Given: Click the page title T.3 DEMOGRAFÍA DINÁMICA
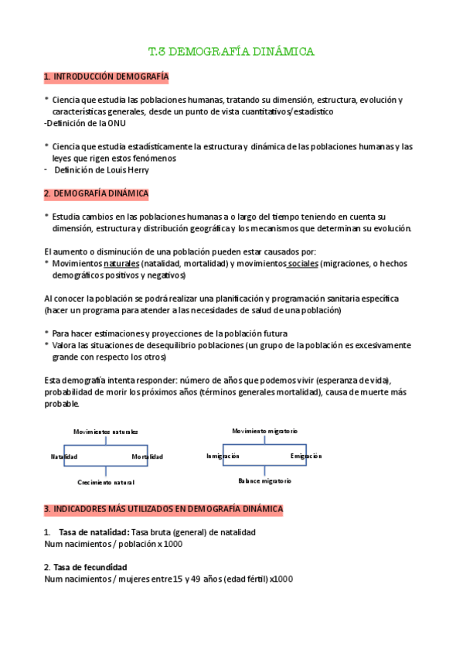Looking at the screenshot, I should tap(231, 52).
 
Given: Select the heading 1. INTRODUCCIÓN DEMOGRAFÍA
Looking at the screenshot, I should tap(107, 77).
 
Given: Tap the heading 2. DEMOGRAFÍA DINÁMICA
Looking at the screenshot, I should tap(97, 193).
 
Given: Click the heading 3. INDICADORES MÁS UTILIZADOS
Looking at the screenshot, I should tap(164, 509).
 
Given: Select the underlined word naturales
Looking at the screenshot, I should tap(121, 264).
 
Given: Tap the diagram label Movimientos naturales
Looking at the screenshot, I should tap(106, 431).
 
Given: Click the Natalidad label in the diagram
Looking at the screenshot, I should tap(63, 457).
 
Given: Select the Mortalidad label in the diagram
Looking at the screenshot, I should tap(147, 457).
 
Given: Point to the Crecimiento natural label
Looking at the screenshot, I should tap(106, 483).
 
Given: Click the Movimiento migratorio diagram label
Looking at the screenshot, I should tap(265, 430).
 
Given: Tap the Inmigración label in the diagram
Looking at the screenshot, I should tap(223, 456).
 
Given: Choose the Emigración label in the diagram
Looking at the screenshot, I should tap(306, 456).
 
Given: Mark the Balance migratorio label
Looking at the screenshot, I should tap(265, 480).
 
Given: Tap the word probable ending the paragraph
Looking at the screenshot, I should tap(61, 404).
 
